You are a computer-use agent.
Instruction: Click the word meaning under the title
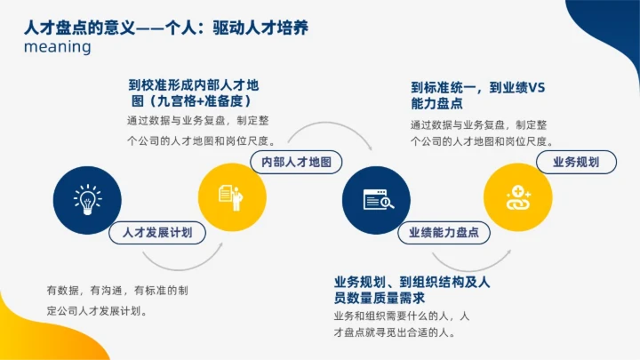[x=58, y=47]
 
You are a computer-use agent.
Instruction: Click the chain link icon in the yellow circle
[x=518, y=199]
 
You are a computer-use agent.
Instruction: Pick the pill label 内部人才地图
[x=297, y=163]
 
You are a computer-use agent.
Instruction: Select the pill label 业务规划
[x=576, y=163]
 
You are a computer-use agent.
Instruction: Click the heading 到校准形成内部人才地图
[x=194, y=86]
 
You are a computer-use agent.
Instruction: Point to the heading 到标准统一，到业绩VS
[x=478, y=88]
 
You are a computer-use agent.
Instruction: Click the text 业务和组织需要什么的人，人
[x=401, y=316]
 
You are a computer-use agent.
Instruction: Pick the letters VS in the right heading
[x=536, y=88]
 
